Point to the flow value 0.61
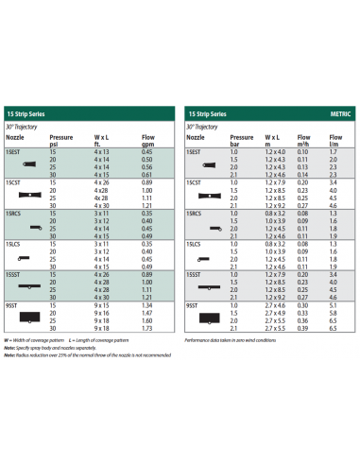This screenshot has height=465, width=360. click(146, 174)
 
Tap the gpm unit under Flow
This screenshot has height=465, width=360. click(146, 144)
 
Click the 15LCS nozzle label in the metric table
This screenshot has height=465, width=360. click(194, 244)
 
